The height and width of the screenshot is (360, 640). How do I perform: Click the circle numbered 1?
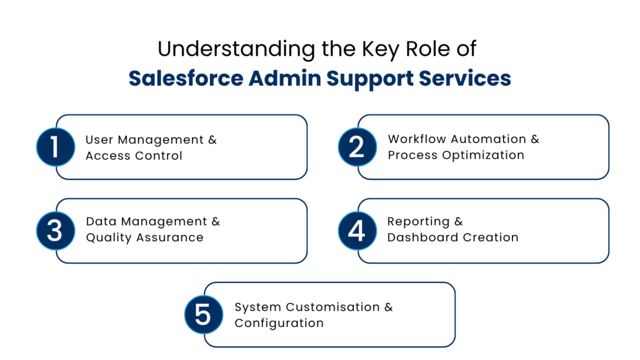point(55,147)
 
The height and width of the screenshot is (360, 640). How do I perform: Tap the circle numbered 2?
point(357,147)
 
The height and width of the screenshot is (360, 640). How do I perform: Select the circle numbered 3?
point(55,231)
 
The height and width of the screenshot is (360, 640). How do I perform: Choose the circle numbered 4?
point(357,231)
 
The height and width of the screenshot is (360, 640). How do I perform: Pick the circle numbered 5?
point(203,314)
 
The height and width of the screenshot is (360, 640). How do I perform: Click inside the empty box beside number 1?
point(191,147)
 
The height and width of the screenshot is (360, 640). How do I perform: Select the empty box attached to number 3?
point(191,231)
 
